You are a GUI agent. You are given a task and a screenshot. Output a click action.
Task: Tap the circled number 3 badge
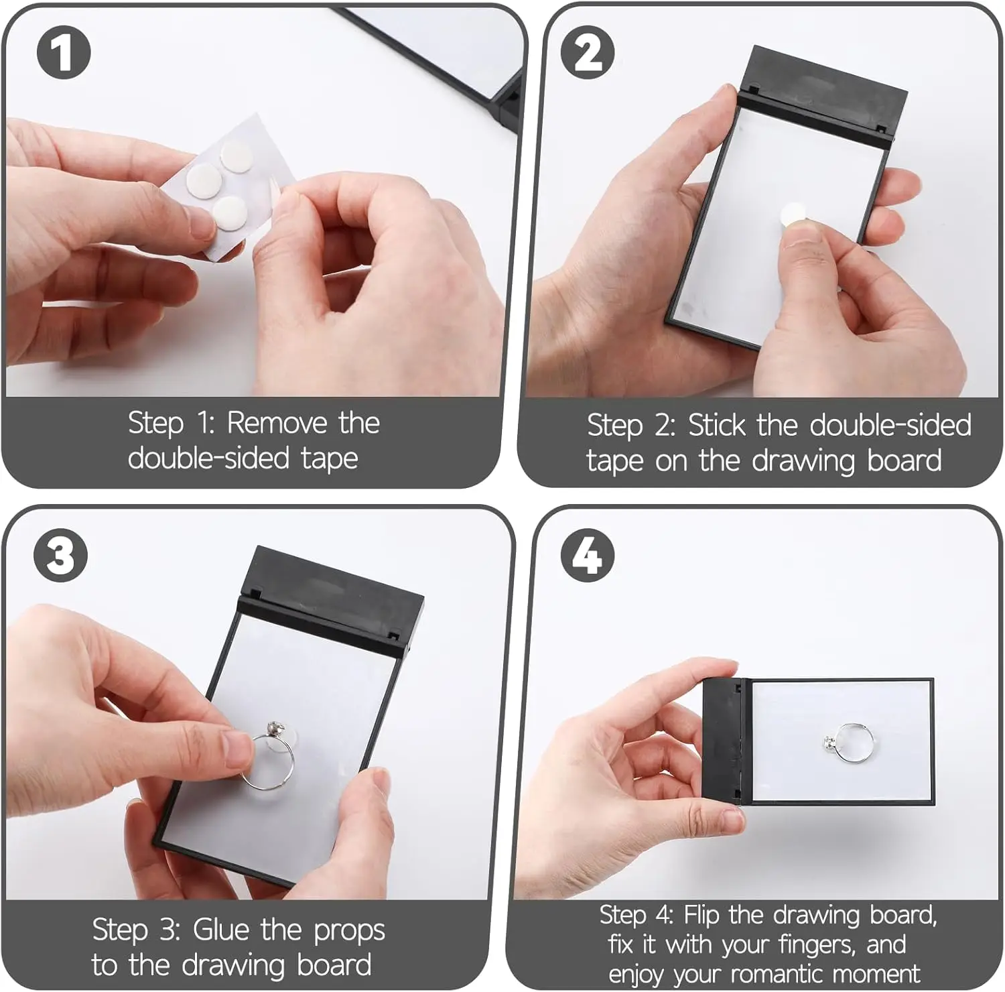coord(61,555)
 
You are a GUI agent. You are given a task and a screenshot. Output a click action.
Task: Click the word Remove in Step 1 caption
coord(277,423)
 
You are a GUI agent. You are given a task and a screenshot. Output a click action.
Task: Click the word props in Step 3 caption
coord(349,932)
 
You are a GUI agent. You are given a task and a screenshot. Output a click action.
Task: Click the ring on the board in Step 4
coord(849,743)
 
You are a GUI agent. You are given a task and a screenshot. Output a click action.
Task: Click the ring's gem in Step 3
coord(273,729)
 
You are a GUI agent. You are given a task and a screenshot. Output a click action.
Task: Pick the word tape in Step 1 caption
coord(329,460)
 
